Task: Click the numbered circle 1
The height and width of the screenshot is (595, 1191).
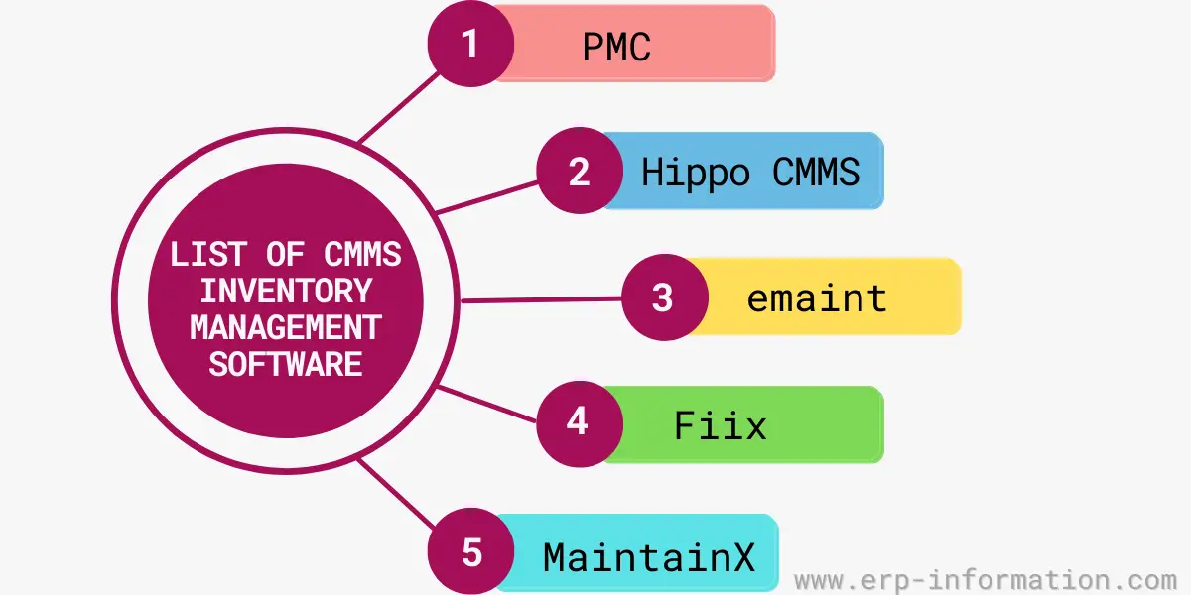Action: tap(470, 45)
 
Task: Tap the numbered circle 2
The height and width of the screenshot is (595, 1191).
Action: tap(580, 172)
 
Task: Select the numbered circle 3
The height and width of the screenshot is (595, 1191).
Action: tap(664, 297)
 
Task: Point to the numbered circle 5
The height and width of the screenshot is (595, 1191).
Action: tap(470, 551)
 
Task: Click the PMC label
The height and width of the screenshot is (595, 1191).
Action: tap(615, 47)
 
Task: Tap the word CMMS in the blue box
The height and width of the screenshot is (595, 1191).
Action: tap(816, 173)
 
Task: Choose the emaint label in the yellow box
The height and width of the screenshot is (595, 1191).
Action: tap(817, 298)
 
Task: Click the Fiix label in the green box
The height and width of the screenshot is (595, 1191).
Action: tap(721, 425)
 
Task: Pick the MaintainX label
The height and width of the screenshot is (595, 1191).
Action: tap(648, 556)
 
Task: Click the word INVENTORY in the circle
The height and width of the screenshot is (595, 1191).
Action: tap(286, 291)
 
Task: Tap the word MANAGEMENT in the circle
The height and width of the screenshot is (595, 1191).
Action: tap(285, 327)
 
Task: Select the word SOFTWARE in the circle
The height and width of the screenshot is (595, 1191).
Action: tap(285, 364)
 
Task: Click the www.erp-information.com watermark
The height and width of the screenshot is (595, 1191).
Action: tap(986, 579)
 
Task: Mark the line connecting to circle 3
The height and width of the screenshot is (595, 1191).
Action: tap(541, 298)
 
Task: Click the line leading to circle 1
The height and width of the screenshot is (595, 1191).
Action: tap(397, 105)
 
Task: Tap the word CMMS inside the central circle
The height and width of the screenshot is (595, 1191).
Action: tap(362, 254)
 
